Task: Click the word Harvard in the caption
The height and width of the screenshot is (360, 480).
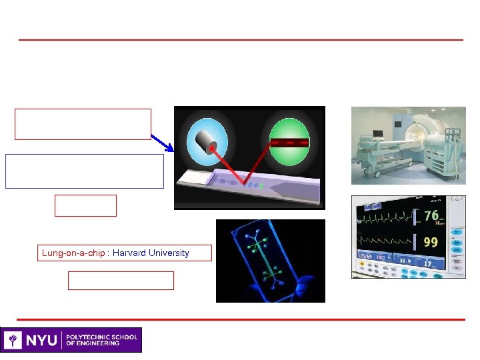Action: pyautogui.click(x=128, y=253)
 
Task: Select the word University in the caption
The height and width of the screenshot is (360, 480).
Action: pyautogui.click(x=167, y=253)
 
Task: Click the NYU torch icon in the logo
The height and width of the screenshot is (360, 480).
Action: pyautogui.click(x=13, y=340)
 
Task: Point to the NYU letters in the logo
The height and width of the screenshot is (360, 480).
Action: pyautogui.click(x=42, y=340)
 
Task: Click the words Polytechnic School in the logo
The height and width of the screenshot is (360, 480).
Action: pyautogui.click(x=101, y=337)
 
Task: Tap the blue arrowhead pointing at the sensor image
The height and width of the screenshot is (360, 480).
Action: pyautogui.click(x=170, y=148)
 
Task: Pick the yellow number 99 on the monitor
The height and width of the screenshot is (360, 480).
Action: pyautogui.click(x=431, y=241)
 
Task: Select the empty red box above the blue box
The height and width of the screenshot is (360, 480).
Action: pyautogui.click(x=83, y=124)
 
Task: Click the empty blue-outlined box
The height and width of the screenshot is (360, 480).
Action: pyautogui.click(x=84, y=171)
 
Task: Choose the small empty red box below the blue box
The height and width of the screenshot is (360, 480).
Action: pyautogui.click(x=85, y=205)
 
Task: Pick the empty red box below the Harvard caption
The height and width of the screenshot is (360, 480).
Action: pyautogui.click(x=121, y=281)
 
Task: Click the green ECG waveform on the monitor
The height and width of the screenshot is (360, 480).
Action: pyautogui.click(x=385, y=217)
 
